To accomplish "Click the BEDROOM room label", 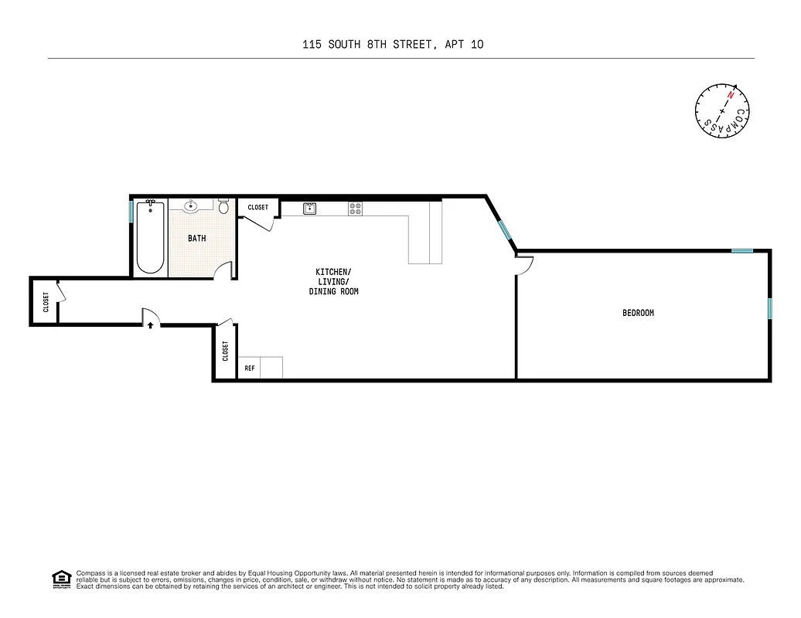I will pos(638,313).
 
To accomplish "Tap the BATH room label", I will pos(196,239).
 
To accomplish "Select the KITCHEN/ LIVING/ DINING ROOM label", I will pos(333,282).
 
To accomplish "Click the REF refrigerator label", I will pos(249,368).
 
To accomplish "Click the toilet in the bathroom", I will pos(223,206).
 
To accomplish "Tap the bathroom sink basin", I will pos(192,205).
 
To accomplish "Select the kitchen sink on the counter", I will pos(309,208).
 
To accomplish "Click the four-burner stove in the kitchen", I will pos(355,208).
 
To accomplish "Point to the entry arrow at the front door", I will pos(150,326).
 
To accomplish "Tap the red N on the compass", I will pos(730,94).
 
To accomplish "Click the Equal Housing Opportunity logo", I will pos(61,578).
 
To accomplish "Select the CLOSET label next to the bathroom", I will pos(257,208).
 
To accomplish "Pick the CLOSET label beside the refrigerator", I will pos(225,351).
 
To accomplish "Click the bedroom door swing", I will pos(524,266).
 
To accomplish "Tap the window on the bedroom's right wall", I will pos(769,308).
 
